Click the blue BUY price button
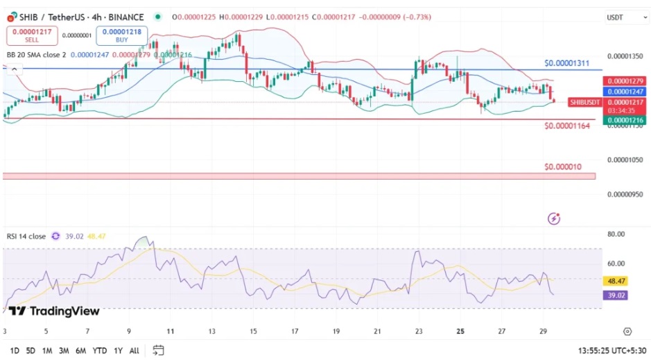coord(121,35)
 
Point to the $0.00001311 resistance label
coord(566,63)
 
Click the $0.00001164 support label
coord(566,126)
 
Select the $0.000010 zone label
coord(562,167)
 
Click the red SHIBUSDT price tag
coord(584,102)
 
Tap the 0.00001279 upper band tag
coord(625,81)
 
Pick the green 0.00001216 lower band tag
coord(625,121)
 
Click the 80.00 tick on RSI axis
coord(617,234)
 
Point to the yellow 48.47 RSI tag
coord(616,281)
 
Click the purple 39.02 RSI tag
coord(616,295)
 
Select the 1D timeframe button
coord(15,350)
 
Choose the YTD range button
coord(99,350)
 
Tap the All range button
coord(134,350)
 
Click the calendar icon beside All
coord(158,350)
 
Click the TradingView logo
coord(54,311)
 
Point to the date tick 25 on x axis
coord(460,332)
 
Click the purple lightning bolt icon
coord(554,219)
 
